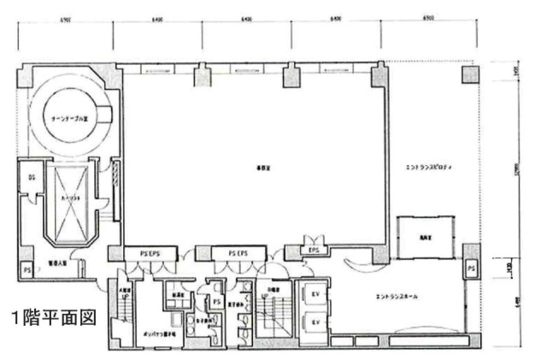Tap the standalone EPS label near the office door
[314, 250]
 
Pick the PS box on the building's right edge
[472, 269]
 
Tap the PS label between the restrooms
[217, 301]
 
